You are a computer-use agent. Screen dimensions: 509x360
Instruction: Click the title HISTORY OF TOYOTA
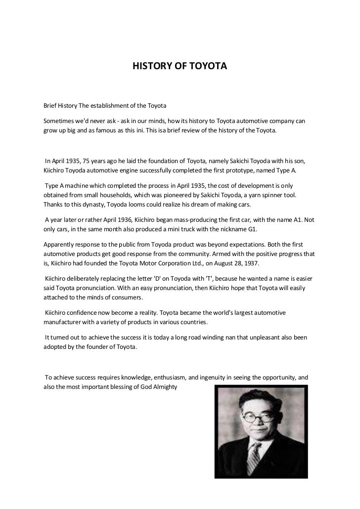[180, 65]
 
